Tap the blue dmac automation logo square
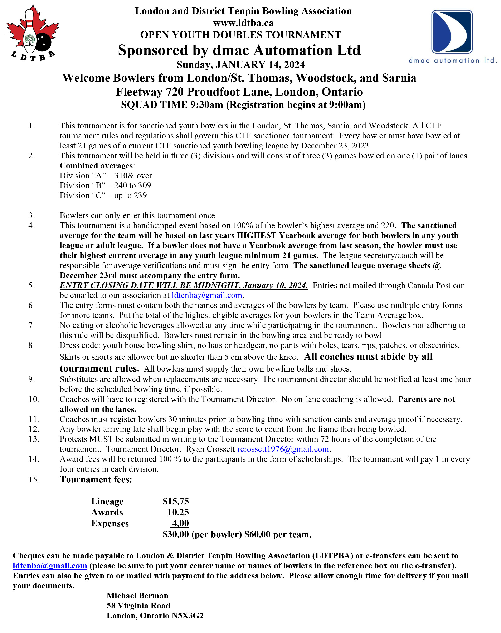click(x=452, y=32)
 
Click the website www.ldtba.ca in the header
click(x=243, y=23)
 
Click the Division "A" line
click(x=106, y=175)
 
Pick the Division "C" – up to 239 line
click(x=103, y=195)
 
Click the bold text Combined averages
click(x=97, y=166)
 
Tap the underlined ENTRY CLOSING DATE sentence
click(x=184, y=285)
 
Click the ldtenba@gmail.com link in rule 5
click(x=207, y=295)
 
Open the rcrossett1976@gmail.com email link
click(x=283, y=449)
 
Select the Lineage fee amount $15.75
click(x=176, y=501)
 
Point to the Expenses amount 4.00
click(x=180, y=523)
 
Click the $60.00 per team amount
click(x=257, y=534)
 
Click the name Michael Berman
click(x=137, y=595)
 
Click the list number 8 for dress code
click(x=32, y=345)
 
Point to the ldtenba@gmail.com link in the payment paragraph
click(x=50, y=566)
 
